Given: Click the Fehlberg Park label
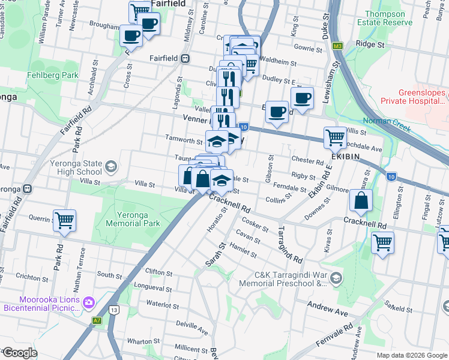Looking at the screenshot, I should pyautogui.click(x=53, y=76).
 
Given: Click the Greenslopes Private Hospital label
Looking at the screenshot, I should pyautogui.click(x=423, y=97).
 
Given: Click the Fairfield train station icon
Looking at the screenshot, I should pyautogui.click(x=185, y=58).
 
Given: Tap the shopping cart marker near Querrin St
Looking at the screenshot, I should pyautogui.click(x=64, y=220).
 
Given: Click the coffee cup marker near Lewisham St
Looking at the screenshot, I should pyautogui.click(x=303, y=98).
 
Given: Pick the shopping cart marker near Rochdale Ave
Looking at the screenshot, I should pyautogui.click(x=335, y=137).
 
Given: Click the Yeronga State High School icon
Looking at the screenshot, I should pyautogui.click(x=110, y=166).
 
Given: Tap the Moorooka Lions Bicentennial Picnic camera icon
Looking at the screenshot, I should pyautogui.click(x=89, y=301).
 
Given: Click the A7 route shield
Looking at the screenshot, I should pyautogui.click(x=97, y=321).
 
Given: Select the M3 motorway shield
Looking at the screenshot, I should pyautogui.click(x=338, y=46).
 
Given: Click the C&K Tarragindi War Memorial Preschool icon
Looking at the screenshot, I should pyautogui.click(x=337, y=277).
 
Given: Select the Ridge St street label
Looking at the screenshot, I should pyautogui.click(x=370, y=44).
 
